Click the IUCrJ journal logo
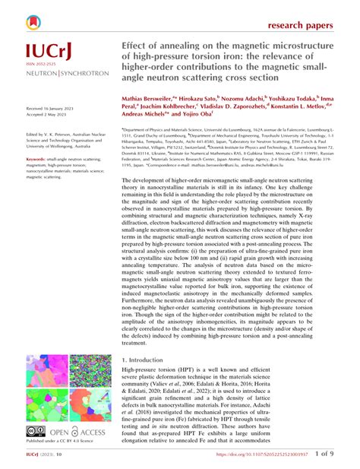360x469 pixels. tap(49, 52)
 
